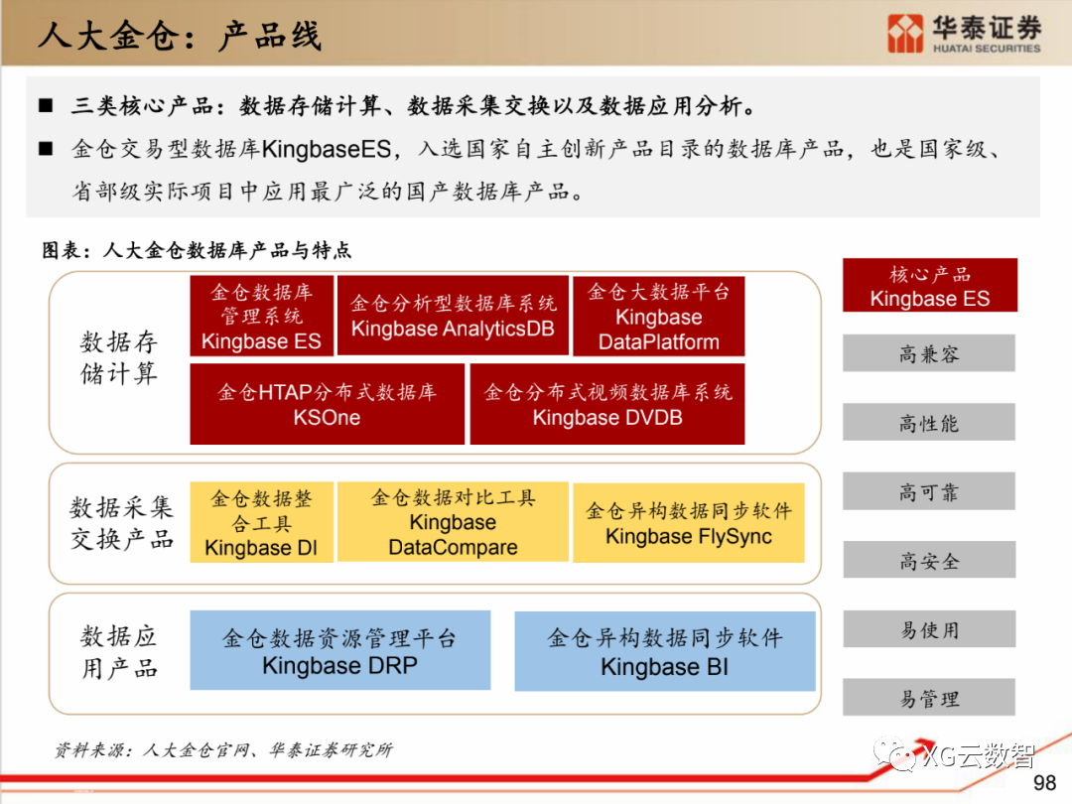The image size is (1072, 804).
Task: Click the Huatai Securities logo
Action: click(964, 34)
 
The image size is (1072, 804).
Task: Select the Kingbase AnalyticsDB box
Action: click(453, 316)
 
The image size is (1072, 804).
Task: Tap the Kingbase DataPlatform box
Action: click(659, 317)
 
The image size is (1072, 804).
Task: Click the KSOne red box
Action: click(327, 404)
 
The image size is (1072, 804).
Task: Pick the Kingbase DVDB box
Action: click(607, 404)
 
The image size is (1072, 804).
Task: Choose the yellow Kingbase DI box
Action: click(261, 523)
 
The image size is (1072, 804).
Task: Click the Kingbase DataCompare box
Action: click(453, 522)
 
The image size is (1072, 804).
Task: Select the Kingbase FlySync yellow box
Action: click(689, 523)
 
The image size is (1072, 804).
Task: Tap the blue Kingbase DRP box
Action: click(339, 650)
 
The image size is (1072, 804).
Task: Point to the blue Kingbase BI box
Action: click(664, 651)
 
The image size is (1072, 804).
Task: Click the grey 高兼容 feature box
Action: click(929, 353)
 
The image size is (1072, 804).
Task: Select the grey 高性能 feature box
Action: click(929, 423)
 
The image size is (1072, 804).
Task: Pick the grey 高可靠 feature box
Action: click(929, 491)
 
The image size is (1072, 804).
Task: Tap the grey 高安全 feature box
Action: click(929, 561)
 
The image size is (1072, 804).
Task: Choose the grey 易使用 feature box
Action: click(929, 629)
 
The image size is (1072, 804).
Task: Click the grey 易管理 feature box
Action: click(929, 698)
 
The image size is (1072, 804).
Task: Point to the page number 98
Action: click(1044, 784)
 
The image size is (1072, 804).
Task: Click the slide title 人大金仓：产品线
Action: click(180, 37)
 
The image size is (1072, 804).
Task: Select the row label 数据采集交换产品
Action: click(121, 523)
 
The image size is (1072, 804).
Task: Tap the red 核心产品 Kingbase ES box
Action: click(930, 286)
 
